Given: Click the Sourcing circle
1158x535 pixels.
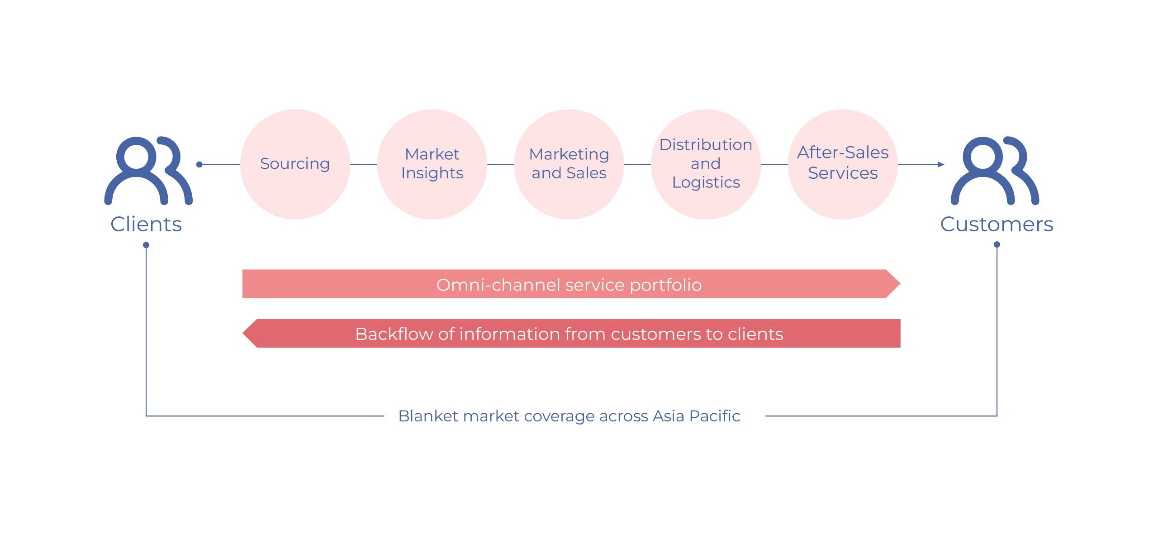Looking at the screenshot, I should pos(295,164).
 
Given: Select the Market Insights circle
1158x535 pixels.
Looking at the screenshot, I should pos(432,164).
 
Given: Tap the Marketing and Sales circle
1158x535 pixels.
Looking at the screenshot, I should pos(569,164).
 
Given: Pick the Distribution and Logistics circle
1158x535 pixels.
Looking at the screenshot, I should pos(706,164).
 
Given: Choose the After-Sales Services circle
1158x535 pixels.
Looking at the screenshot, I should pos(843,164).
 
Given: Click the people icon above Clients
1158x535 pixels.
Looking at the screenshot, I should pos(148,171).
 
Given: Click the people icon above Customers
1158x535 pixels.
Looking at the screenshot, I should pos(995,171).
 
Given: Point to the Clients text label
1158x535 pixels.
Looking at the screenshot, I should pos(146,225).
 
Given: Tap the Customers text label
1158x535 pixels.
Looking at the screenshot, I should pos(997,225).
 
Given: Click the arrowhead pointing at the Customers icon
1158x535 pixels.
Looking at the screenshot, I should pos(941,164).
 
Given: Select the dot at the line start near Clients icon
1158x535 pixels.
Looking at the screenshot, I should pos(199,164).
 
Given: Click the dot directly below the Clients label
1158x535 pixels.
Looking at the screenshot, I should pos(146,245).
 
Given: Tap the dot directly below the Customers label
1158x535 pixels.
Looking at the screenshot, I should pos(997,244).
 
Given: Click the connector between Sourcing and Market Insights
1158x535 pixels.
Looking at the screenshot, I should pos(363,164).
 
